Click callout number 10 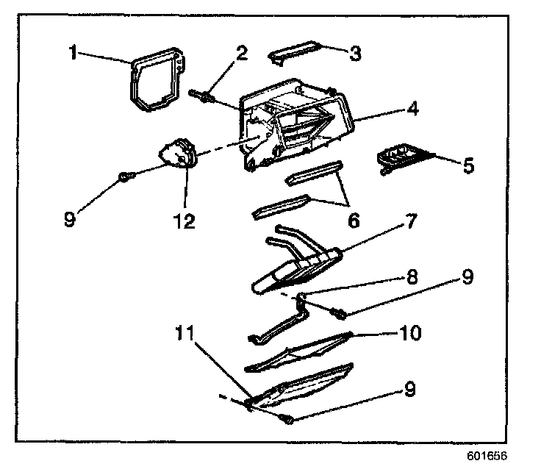click(x=410, y=333)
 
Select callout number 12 click(x=184, y=220)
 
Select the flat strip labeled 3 click(x=295, y=53)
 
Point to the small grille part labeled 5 click(x=399, y=157)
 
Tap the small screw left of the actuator click(x=125, y=175)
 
